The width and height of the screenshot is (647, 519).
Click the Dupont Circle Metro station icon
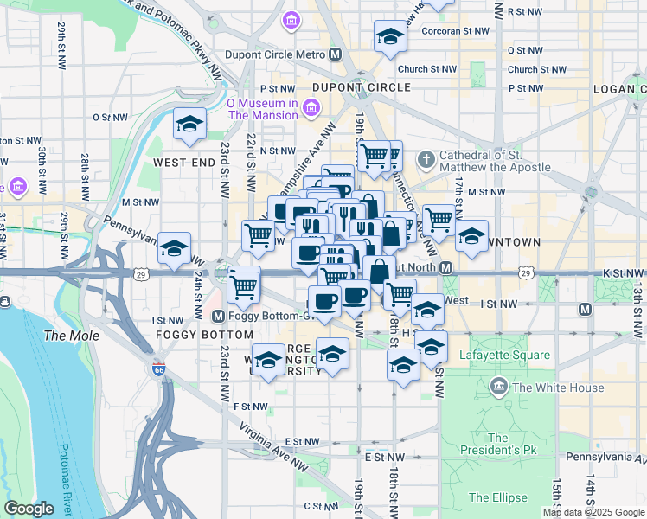tap(336, 54)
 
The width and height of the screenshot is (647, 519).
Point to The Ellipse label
tap(498, 497)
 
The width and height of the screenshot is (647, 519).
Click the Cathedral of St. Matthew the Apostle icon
tap(426, 159)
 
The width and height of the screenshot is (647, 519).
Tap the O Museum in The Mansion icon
tap(311, 108)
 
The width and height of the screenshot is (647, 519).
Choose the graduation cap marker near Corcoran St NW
tap(391, 36)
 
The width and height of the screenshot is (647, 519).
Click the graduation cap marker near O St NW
tap(189, 124)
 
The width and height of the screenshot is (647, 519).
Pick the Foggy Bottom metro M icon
tap(218, 316)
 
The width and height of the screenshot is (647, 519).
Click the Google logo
tap(29, 509)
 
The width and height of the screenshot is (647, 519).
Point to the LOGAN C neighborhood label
tap(620, 88)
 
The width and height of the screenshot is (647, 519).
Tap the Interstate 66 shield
tap(158, 369)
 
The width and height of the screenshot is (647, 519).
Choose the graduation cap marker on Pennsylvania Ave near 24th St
tap(174, 248)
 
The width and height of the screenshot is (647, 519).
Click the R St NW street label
tap(524, 11)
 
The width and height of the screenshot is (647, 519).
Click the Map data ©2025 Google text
tap(593, 512)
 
